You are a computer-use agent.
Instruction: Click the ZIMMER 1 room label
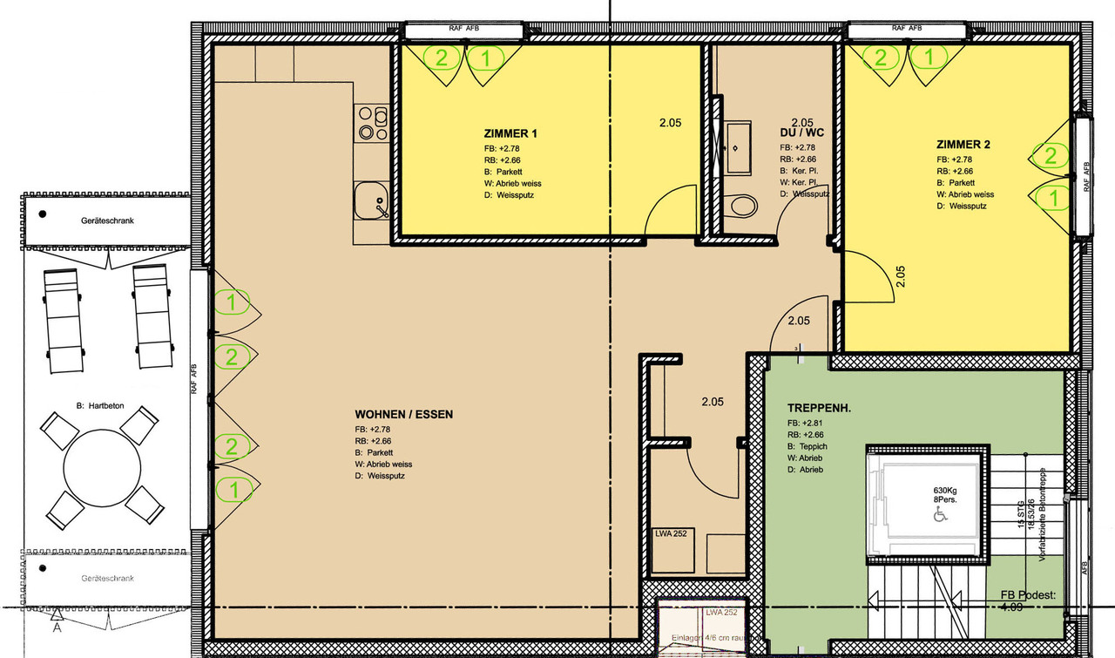tap(510, 134)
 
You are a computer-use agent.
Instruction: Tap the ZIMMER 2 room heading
tap(963, 145)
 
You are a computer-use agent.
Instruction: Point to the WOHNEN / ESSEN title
tap(403, 415)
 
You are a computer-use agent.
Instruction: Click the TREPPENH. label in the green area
tap(818, 408)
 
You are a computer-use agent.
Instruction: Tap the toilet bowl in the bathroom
tap(743, 207)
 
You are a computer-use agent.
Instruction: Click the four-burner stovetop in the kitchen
tap(371, 124)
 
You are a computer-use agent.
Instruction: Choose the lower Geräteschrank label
tap(107, 578)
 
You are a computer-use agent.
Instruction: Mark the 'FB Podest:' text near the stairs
tap(1029, 594)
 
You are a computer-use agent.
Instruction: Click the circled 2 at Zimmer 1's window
tap(442, 58)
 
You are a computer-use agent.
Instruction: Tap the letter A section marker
tap(57, 626)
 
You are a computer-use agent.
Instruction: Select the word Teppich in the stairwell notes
tap(814, 446)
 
